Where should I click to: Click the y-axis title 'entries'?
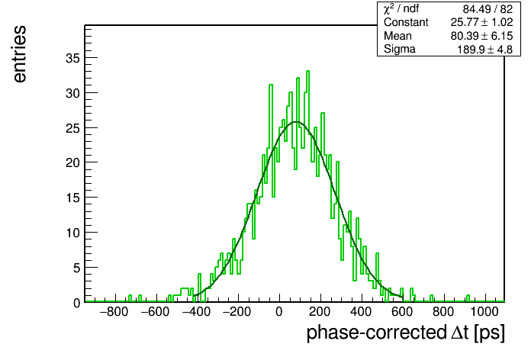click(x=20, y=54)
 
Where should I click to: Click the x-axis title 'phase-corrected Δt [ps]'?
click(x=405, y=333)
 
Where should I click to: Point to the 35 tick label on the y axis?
click(x=72, y=58)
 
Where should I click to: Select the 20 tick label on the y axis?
click(x=72, y=162)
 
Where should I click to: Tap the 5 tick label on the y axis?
click(x=76, y=268)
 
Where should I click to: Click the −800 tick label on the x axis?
click(x=114, y=311)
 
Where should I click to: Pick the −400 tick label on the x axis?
click(x=196, y=311)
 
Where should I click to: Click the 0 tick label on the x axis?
click(x=279, y=311)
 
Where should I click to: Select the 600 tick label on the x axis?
click(x=402, y=311)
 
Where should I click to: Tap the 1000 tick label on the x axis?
click(x=484, y=311)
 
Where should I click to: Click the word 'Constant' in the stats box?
click(x=406, y=22)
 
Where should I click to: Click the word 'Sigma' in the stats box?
click(x=400, y=49)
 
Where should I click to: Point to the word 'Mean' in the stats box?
click(x=397, y=36)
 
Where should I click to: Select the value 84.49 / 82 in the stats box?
click(x=488, y=9)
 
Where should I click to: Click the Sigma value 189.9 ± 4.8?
click(x=485, y=50)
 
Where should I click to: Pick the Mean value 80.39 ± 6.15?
click(x=481, y=36)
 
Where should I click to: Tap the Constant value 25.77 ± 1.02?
click(x=481, y=22)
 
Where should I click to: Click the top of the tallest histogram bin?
click(x=307, y=71)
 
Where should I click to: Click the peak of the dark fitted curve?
click(x=296, y=122)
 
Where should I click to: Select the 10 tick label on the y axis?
click(x=72, y=233)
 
